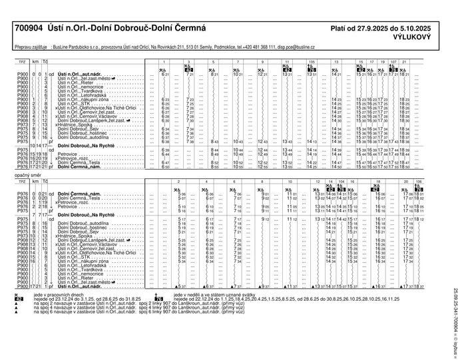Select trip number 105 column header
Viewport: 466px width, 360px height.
click(x=311, y=61)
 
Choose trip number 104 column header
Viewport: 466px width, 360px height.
click(x=340, y=180)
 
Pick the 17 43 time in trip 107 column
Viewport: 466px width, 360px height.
click(x=394, y=142)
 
